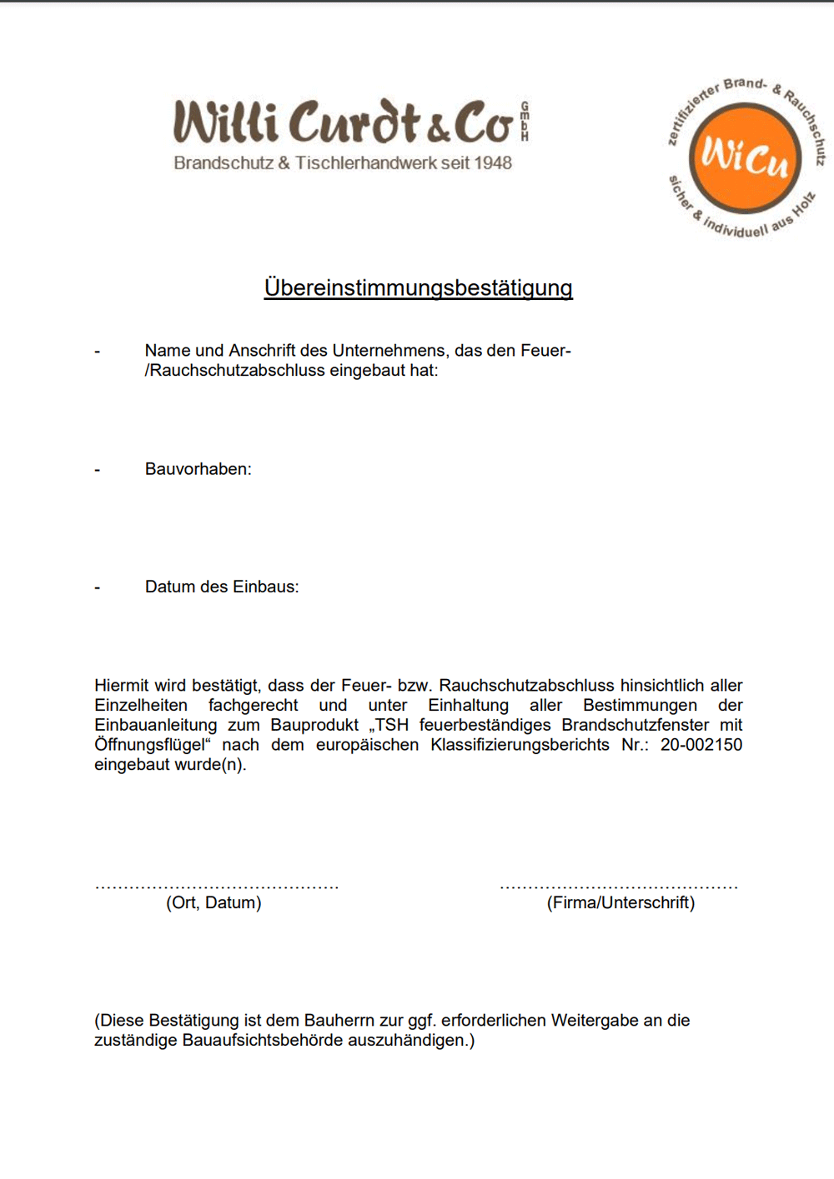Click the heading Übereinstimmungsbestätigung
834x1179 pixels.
point(418,287)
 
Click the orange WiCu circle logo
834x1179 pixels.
point(744,157)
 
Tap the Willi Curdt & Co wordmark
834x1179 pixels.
point(342,122)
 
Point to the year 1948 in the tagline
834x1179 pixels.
point(493,163)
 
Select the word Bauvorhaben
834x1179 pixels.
point(198,469)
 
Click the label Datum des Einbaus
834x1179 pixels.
point(221,587)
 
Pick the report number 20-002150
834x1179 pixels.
point(701,745)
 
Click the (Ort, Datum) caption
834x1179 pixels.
point(214,902)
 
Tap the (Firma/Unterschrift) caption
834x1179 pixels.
point(620,902)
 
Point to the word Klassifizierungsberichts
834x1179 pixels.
point(520,745)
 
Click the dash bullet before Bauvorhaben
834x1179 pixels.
point(98,470)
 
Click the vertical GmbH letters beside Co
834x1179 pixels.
point(525,122)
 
